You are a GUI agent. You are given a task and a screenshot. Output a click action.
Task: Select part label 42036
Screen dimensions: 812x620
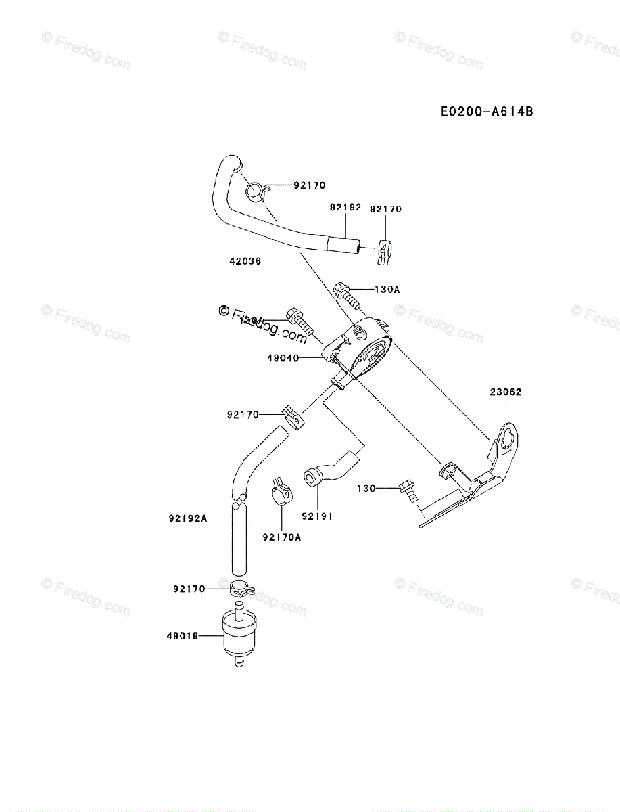click(245, 261)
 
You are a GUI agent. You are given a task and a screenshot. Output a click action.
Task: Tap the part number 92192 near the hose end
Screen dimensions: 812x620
click(345, 208)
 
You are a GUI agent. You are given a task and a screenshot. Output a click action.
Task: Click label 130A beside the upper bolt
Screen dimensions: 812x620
click(387, 289)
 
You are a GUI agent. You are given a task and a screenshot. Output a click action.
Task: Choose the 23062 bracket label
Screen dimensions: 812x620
click(506, 391)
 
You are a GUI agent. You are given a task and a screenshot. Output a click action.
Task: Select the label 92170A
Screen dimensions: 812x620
click(282, 538)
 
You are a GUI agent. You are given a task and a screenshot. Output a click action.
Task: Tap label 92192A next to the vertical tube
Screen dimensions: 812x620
click(187, 519)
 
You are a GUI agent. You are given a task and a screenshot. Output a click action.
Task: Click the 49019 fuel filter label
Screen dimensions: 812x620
click(182, 636)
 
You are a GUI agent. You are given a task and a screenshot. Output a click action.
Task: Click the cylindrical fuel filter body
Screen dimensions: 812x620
click(236, 633)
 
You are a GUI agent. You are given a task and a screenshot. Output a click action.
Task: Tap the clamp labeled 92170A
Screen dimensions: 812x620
click(281, 493)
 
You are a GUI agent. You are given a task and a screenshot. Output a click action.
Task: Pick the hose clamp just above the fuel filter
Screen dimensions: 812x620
click(236, 588)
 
